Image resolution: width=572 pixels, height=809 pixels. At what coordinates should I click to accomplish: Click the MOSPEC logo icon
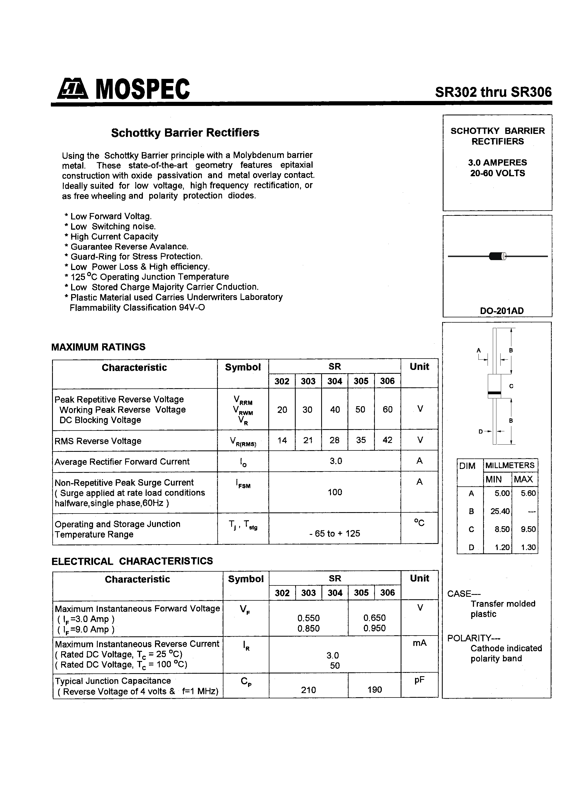click(73, 89)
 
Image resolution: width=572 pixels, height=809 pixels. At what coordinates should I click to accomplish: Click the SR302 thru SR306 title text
click(493, 92)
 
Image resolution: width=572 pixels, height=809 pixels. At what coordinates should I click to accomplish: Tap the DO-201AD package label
click(501, 311)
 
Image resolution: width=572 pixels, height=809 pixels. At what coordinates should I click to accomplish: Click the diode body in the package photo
click(497, 256)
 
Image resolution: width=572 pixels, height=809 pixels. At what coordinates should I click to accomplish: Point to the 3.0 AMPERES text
click(497, 162)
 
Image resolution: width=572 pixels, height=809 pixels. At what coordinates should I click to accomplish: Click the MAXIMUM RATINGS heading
click(98, 347)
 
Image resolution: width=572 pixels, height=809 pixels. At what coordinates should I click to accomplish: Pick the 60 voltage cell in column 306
click(387, 409)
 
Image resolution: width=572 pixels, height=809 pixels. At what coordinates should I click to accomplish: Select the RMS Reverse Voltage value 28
click(334, 440)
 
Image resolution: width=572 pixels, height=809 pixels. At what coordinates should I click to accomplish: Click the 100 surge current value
click(335, 492)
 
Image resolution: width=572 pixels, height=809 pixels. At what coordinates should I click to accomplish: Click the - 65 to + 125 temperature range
click(334, 533)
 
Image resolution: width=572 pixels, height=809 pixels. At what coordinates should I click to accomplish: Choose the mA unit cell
click(419, 643)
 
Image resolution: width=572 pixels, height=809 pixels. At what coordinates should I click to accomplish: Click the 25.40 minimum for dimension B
click(500, 511)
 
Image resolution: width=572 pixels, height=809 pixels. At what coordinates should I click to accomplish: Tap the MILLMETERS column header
click(510, 465)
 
